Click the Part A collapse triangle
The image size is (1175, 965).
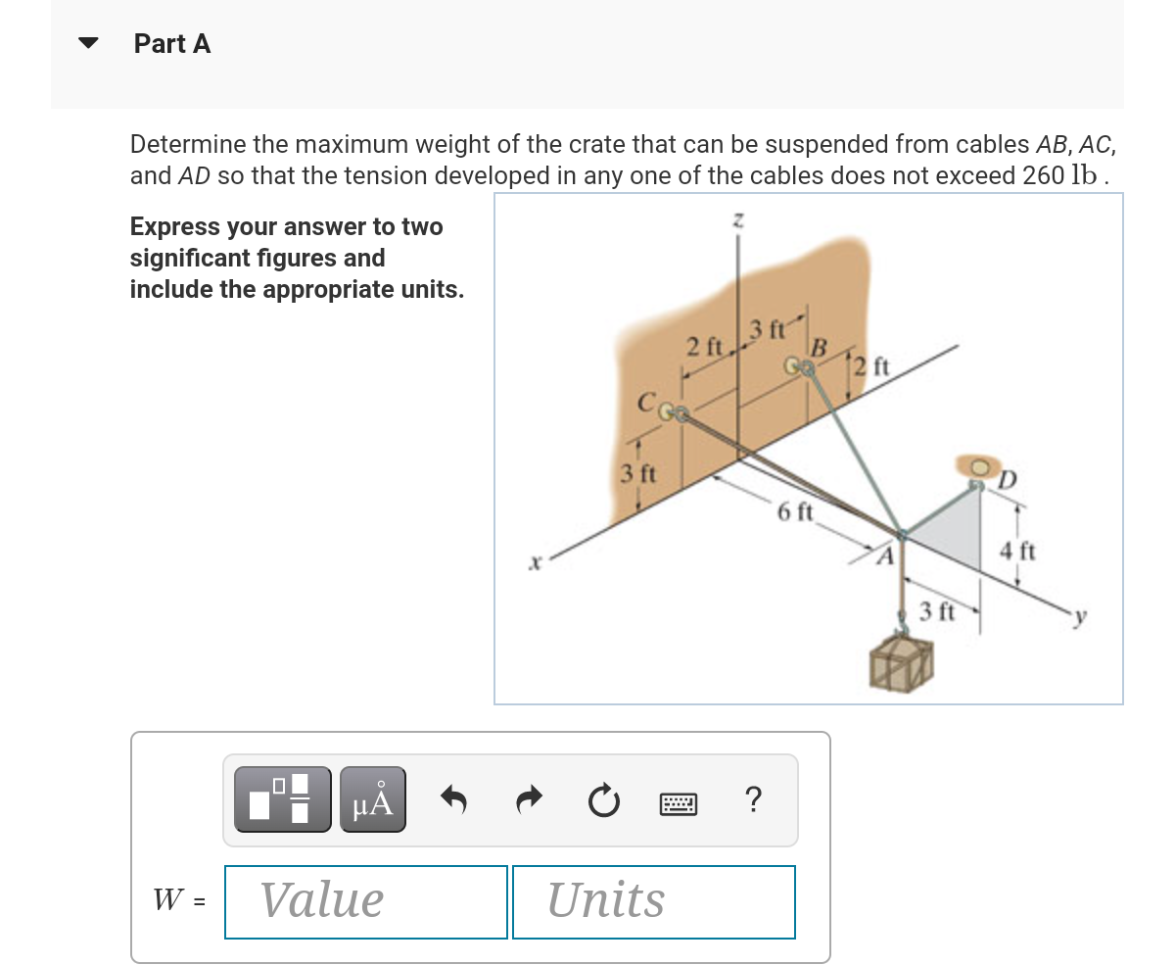[x=89, y=44]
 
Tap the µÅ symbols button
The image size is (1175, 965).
[x=372, y=799]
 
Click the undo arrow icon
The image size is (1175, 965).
[x=453, y=800]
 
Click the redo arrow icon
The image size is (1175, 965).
[x=530, y=800]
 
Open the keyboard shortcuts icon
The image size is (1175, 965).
[x=678, y=802]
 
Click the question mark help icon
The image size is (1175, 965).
[x=752, y=800]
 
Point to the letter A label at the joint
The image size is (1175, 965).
[x=883, y=559]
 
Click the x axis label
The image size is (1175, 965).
[x=534, y=565]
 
